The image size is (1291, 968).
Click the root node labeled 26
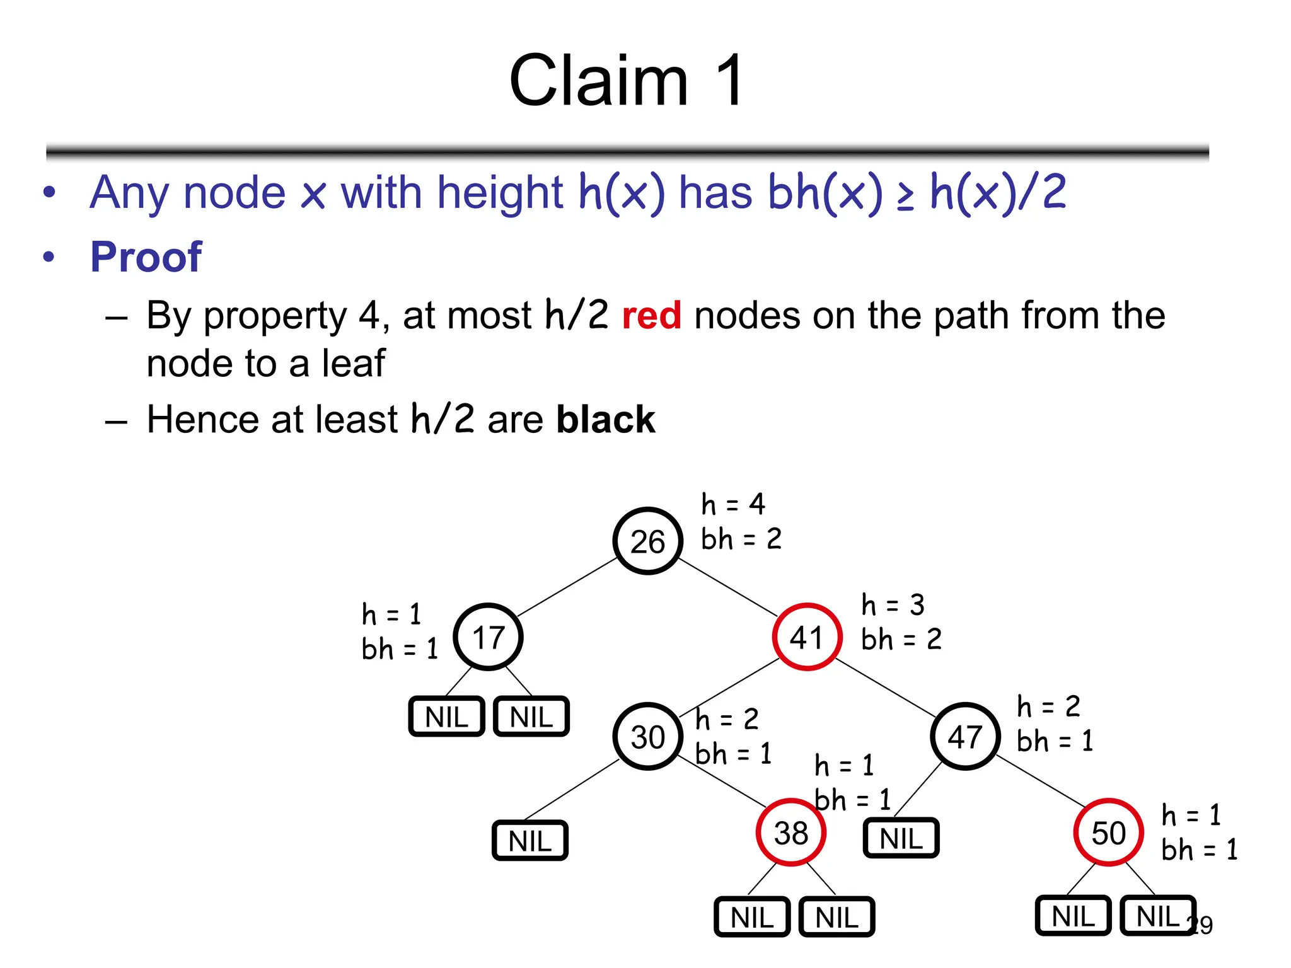point(647,541)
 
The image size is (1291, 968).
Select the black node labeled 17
point(488,637)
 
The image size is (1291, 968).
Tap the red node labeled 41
point(807,637)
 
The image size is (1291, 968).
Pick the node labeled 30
point(647,736)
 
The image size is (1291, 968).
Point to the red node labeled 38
point(790,833)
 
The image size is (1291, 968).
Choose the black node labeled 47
point(965,736)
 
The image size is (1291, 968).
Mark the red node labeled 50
point(1108,833)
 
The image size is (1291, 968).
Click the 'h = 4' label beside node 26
point(733,504)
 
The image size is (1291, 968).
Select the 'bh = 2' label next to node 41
point(901,639)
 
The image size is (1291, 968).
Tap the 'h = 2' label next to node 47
point(1048,706)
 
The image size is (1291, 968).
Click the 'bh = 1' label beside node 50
point(1200,850)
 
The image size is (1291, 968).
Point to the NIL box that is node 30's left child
point(530,841)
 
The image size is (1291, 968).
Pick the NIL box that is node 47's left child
point(901,838)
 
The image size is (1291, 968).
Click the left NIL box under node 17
point(446,717)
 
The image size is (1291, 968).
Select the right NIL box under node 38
point(837,917)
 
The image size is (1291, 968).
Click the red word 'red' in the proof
point(651,315)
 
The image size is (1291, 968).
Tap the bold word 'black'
point(605,420)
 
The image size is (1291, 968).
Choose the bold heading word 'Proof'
point(146,257)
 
